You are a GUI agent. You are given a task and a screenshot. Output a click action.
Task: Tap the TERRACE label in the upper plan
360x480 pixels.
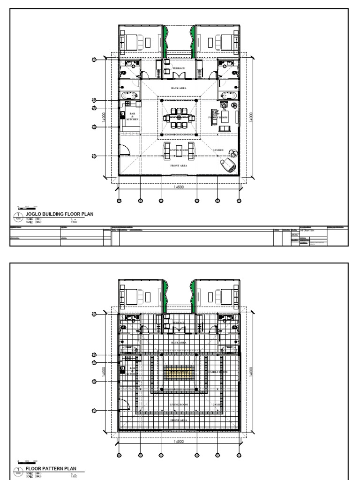click(x=178, y=68)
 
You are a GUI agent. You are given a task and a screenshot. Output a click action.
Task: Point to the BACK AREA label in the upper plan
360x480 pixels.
click(x=178, y=88)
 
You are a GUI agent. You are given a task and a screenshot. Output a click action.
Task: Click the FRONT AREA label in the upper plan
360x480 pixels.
click(x=178, y=166)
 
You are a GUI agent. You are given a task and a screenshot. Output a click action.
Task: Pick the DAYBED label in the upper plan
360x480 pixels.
click(x=218, y=150)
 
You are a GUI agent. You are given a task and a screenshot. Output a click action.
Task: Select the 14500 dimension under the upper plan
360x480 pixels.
click(x=178, y=187)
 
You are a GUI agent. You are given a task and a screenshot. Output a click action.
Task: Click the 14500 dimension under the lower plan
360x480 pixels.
click(x=178, y=442)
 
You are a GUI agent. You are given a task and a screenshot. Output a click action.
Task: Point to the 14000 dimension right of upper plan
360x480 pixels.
click(x=251, y=117)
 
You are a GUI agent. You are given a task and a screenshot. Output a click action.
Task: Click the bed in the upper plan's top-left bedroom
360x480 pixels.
click(x=129, y=41)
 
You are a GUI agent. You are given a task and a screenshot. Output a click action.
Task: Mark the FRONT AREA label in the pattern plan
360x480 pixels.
click(x=178, y=420)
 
